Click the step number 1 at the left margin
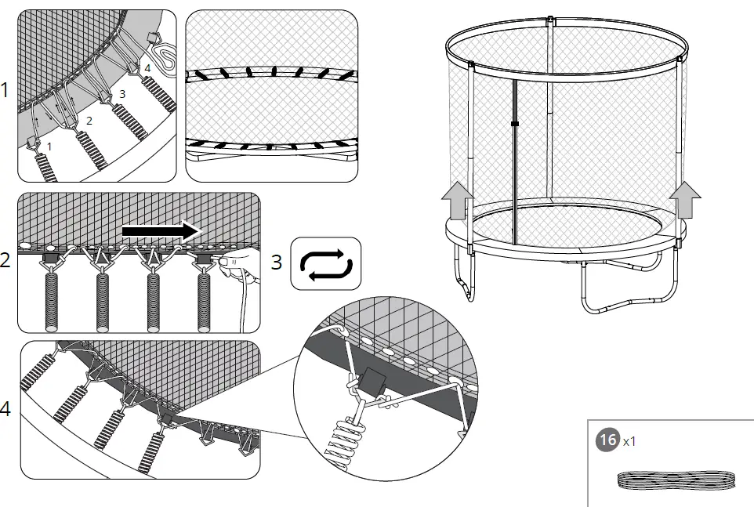click(5, 91)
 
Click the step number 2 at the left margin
click(5, 260)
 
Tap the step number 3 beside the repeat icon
click(277, 262)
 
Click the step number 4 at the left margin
click(5, 409)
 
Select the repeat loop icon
click(326, 262)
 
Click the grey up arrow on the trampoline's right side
click(687, 197)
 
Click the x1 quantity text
click(629, 441)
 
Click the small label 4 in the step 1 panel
click(147, 67)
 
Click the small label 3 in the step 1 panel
click(121, 94)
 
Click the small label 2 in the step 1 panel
click(89, 121)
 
